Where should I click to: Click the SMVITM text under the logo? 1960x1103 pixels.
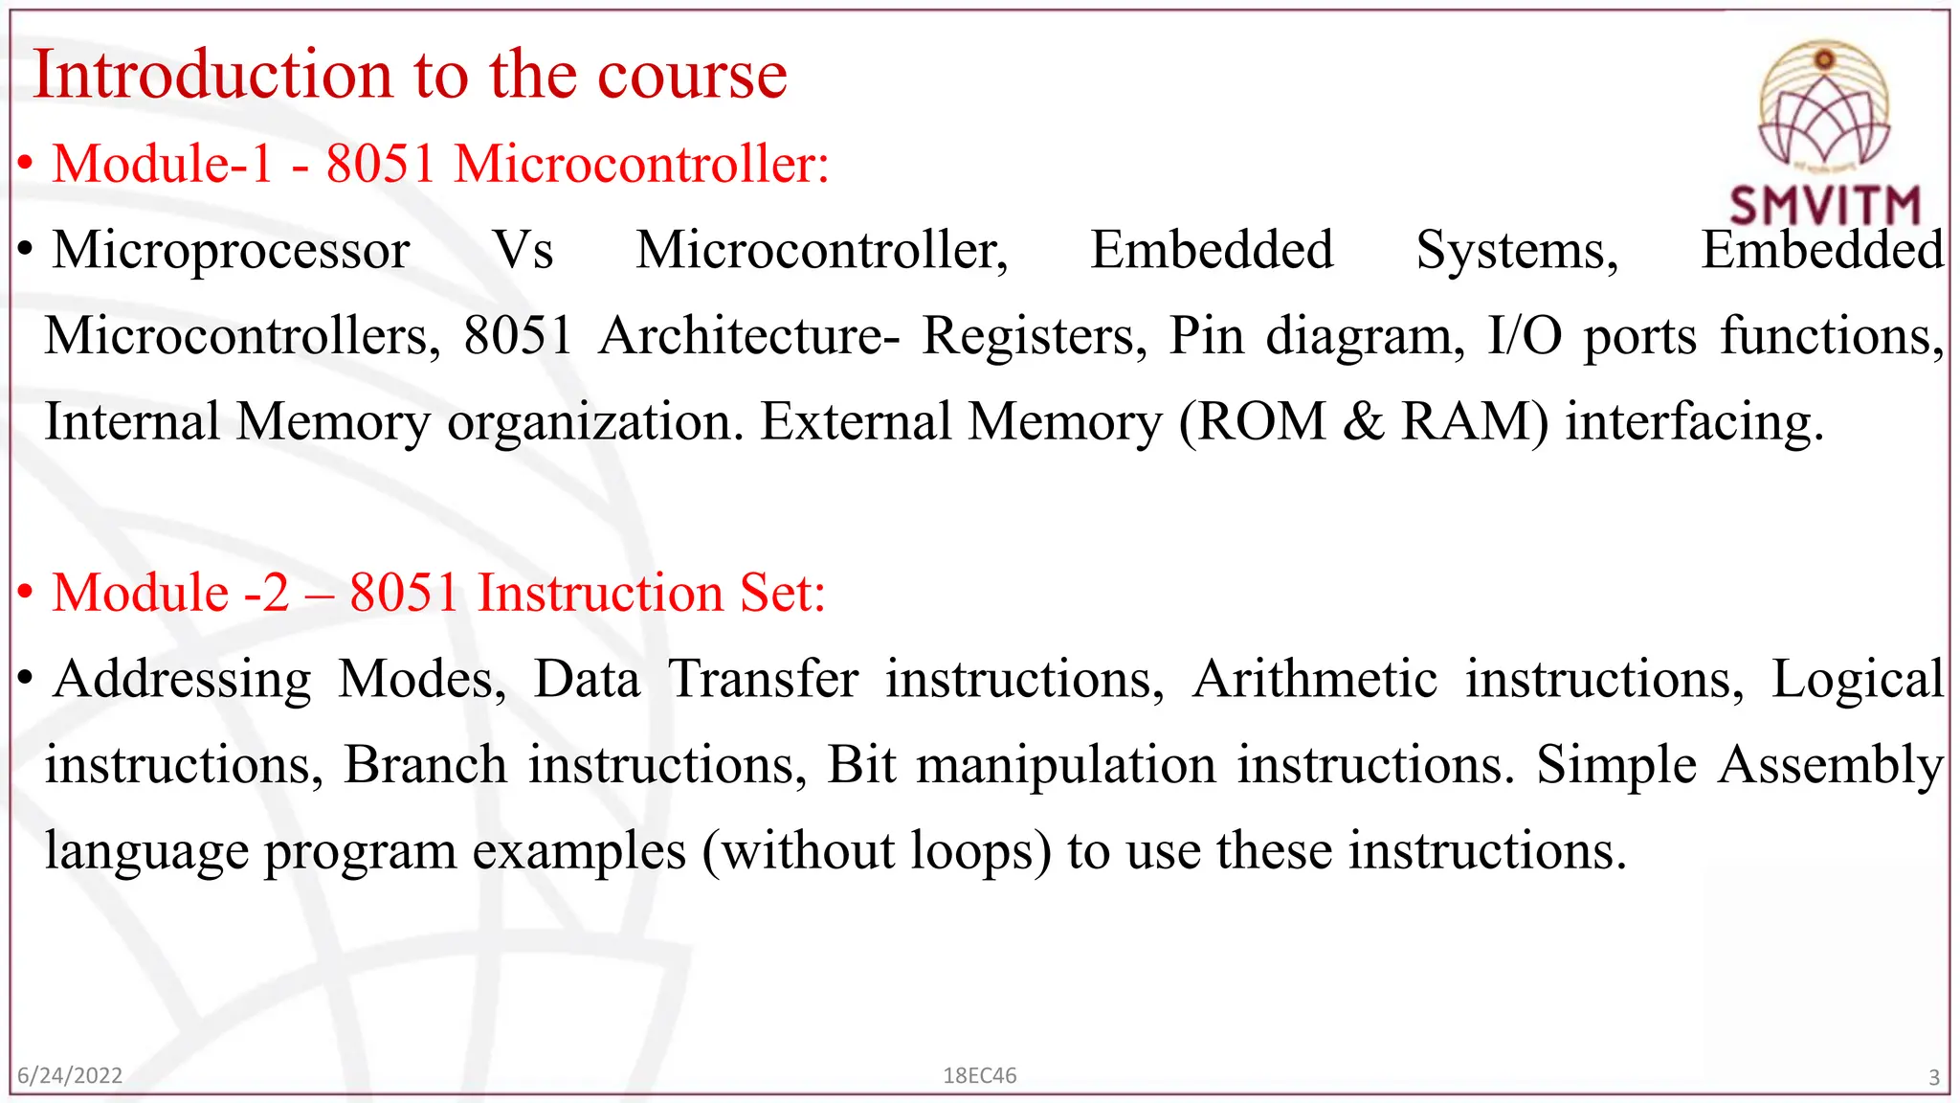pos(1825,205)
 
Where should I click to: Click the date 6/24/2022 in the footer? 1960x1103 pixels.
pos(70,1076)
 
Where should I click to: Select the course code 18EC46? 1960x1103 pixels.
pos(979,1076)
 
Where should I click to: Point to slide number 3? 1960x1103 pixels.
pos(1933,1078)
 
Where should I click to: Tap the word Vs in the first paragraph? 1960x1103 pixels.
pos(523,251)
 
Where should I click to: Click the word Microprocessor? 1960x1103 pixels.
pos(231,251)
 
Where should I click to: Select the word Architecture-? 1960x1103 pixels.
pos(749,336)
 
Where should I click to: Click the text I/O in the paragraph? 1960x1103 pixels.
pos(1525,336)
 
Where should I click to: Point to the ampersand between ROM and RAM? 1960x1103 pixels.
pos(1363,422)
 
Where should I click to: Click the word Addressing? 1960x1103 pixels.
pos(183,681)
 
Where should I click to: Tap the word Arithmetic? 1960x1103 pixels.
pos(1315,680)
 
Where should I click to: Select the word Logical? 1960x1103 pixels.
pos(1858,681)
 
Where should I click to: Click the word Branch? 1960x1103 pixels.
pos(425,766)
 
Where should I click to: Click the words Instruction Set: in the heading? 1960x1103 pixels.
pos(651,593)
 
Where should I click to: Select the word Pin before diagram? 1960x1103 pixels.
pos(1206,336)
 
